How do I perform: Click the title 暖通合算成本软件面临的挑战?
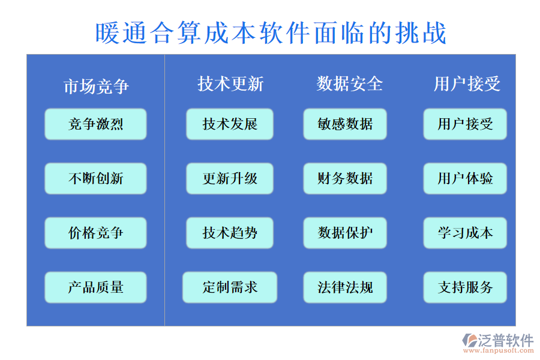(271, 32)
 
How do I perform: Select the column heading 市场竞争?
(96, 86)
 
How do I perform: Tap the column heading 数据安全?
(350, 83)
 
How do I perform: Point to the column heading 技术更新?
(230, 83)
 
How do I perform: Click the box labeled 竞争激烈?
(95, 124)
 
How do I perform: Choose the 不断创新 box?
(95, 178)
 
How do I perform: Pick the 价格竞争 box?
(95, 233)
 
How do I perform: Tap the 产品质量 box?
(95, 287)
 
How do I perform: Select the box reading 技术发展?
(230, 124)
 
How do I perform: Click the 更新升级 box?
(230, 178)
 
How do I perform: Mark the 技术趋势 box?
(230, 233)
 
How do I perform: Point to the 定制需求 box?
(230, 287)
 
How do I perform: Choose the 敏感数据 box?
(345, 124)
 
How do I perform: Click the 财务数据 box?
(345, 178)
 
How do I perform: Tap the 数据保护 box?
(345, 233)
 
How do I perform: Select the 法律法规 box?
(345, 287)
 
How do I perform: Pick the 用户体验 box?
(465, 178)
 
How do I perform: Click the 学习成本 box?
(465, 233)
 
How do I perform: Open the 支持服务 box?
(465, 287)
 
